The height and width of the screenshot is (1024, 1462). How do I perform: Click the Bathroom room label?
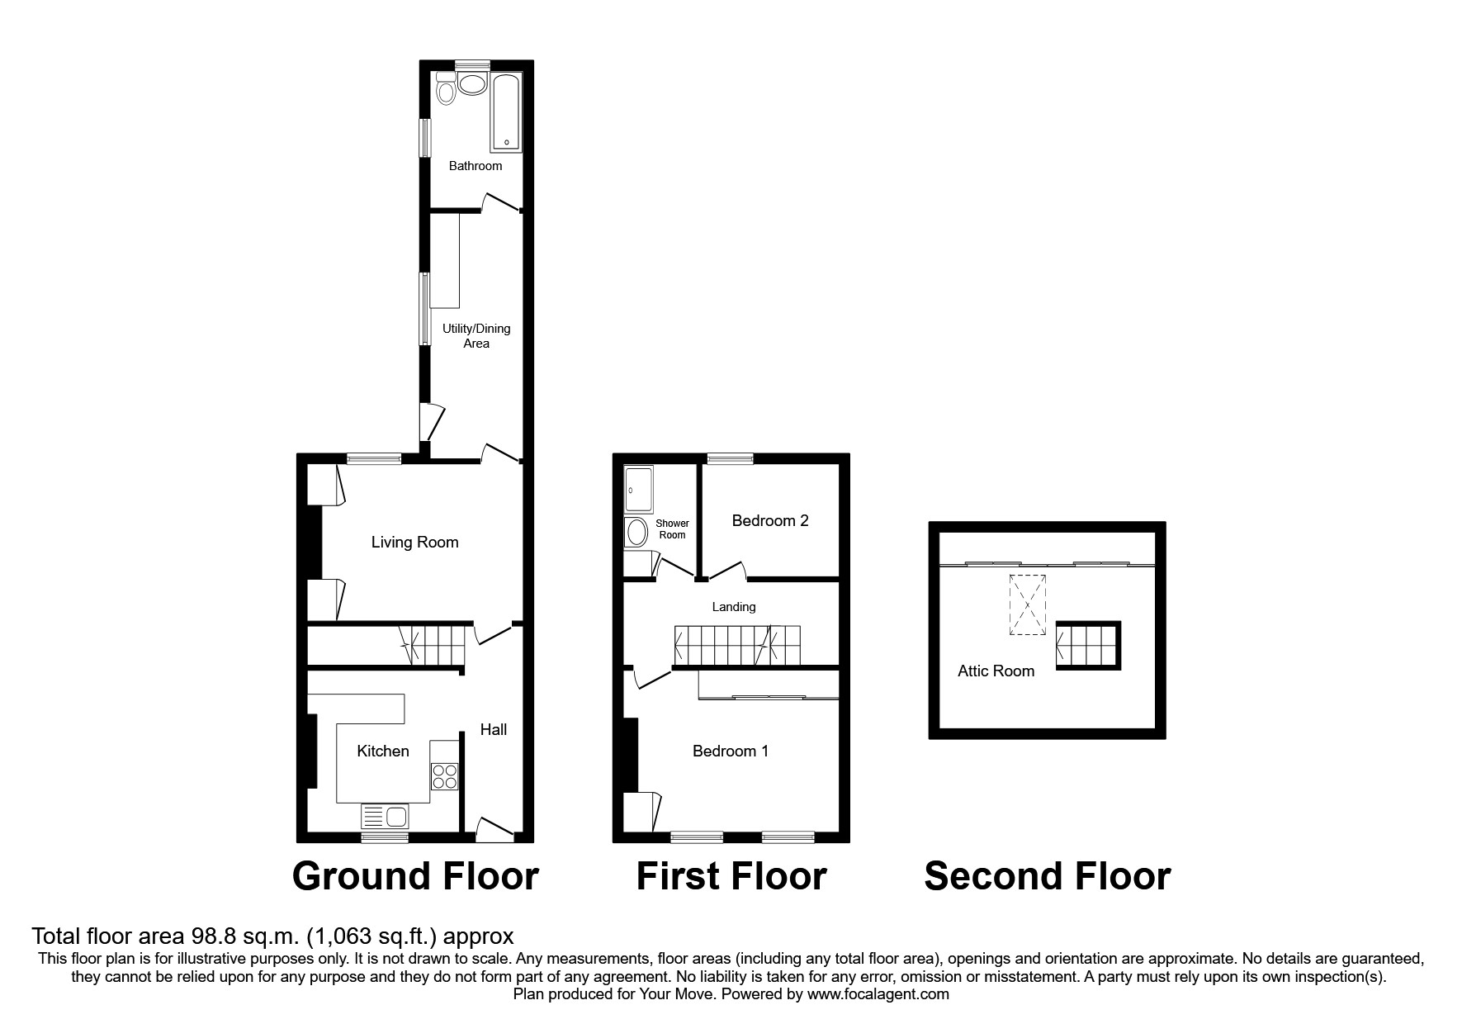(475, 166)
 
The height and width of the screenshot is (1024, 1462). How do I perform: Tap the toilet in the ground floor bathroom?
(447, 88)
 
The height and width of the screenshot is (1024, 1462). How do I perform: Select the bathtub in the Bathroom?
(506, 113)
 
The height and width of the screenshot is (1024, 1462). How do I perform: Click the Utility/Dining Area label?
(476, 336)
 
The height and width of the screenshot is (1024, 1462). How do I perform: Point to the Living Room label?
(414, 543)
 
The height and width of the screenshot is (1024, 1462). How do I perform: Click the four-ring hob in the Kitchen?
(444, 776)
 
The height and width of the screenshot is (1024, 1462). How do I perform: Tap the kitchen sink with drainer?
(386, 817)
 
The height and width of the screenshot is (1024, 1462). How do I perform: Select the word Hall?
(494, 729)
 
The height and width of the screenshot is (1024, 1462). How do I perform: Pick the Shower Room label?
(672, 529)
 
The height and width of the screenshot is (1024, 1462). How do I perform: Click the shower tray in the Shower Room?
(639, 491)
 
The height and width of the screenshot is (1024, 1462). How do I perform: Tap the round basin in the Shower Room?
(637, 533)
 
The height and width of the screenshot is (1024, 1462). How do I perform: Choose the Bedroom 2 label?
(770, 521)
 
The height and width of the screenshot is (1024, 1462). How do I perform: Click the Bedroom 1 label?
(731, 751)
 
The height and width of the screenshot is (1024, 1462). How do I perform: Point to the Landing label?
(734, 607)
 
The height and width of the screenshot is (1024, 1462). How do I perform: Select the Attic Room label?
(996, 671)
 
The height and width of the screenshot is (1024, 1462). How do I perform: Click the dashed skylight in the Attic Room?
(1026, 605)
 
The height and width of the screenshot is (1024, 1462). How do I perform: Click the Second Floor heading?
(1047, 876)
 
